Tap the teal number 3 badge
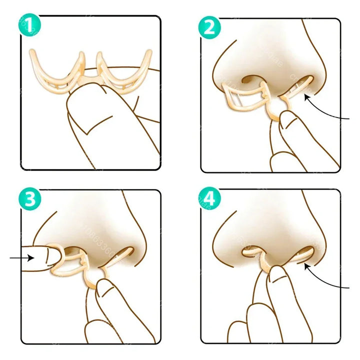coord(30,199)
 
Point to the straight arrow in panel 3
coord(20,258)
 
